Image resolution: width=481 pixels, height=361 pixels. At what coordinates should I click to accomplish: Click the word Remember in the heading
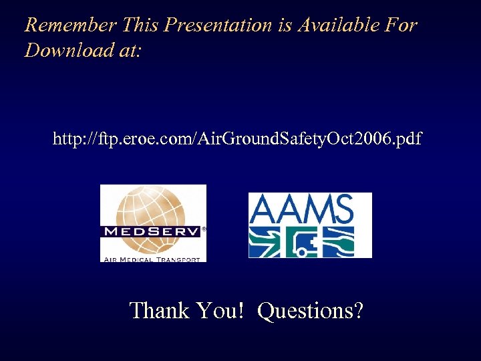(70, 25)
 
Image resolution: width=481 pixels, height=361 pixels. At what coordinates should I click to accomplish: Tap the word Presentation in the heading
(218, 25)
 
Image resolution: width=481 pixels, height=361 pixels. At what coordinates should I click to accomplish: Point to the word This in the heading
(141, 25)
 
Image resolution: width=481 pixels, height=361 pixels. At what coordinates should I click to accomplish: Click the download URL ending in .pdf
(237, 139)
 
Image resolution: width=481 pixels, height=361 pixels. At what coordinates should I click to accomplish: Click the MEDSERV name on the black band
(151, 232)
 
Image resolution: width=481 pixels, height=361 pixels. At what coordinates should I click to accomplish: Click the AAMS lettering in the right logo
(301, 210)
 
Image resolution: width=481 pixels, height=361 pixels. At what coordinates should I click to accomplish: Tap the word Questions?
(311, 310)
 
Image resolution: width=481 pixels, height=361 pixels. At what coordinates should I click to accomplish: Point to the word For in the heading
(402, 25)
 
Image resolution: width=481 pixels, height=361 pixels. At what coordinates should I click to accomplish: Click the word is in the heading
(285, 25)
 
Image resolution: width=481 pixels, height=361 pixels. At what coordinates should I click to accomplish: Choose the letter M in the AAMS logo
(316, 210)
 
